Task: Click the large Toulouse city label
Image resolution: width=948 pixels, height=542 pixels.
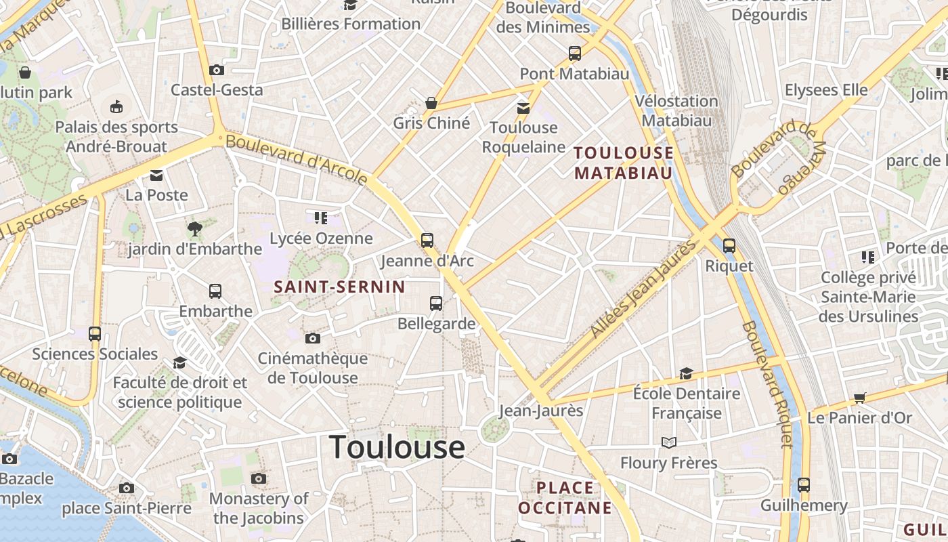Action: [x=397, y=448]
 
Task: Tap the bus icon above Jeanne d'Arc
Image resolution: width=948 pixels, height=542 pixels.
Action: [x=427, y=240]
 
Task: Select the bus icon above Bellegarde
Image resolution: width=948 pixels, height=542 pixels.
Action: [x=436, y=303]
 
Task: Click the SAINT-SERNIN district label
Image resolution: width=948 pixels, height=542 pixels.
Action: [x=339, y=287]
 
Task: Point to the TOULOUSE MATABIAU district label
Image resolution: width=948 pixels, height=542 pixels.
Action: [x=624, y=163]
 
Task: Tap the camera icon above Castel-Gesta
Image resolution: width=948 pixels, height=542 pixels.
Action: [x=217, y=70]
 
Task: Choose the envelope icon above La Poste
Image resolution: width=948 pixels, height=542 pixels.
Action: [x=156, y=175]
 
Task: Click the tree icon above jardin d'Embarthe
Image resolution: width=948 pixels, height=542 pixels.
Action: [x=195, y=229]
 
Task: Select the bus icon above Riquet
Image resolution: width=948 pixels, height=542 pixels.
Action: [x=729, y=245]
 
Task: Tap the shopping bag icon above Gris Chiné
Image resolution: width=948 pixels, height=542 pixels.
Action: [x=431, y=103]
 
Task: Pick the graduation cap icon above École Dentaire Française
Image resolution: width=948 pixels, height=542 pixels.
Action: [x=686, y=373]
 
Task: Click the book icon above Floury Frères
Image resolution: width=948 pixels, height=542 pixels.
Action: [x=669, y=442]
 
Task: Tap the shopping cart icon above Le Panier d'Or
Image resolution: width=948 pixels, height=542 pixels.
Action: [x=860, y=398]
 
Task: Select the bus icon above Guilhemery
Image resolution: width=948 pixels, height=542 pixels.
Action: [x=804, y=484]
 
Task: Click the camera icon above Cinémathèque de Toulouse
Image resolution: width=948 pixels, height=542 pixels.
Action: [x=313, y=338]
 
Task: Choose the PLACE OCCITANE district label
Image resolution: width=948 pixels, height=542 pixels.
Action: [x=565, y=497]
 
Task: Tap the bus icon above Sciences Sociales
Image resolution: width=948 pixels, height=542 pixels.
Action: [x=95, y=333]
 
